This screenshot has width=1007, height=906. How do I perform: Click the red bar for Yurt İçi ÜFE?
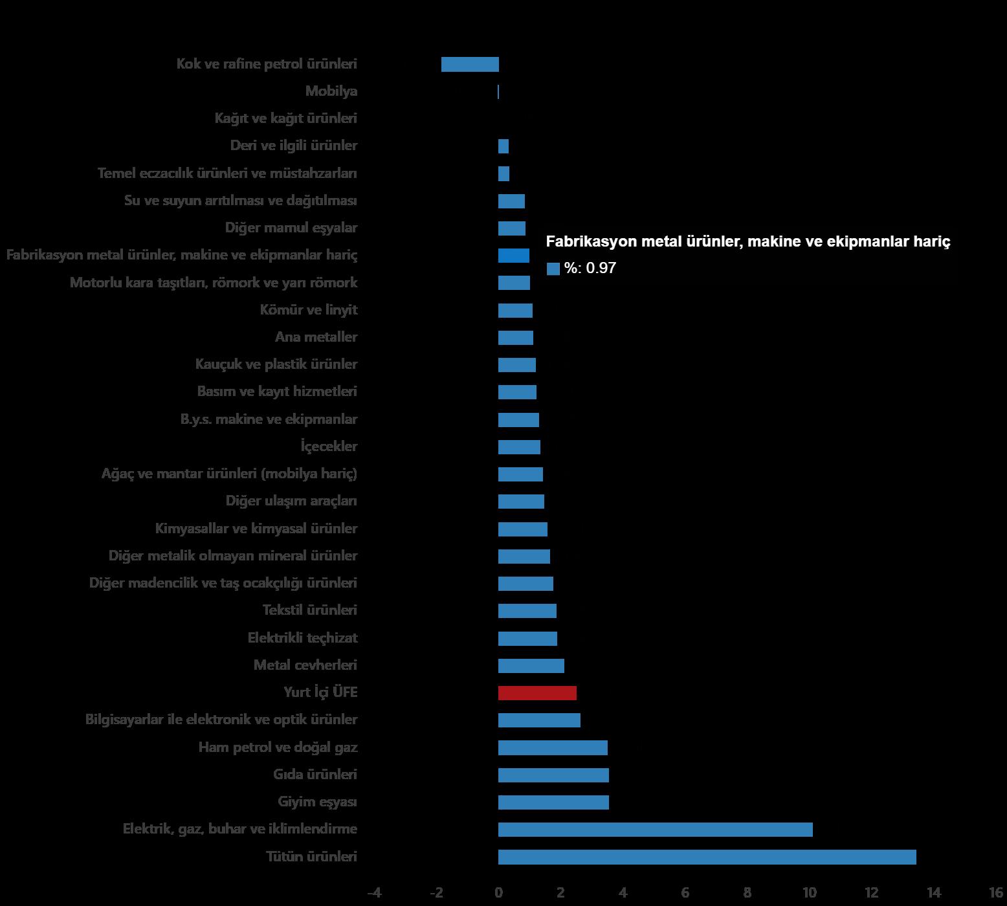537,693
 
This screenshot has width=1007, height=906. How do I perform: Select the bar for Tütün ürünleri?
707,857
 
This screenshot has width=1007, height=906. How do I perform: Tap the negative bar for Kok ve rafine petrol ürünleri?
470,64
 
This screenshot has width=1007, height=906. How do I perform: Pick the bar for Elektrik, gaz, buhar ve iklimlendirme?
655,830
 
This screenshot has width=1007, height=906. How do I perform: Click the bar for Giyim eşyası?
553,802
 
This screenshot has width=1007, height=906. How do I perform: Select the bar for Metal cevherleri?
531,666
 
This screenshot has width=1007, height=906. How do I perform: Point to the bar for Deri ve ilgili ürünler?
503,146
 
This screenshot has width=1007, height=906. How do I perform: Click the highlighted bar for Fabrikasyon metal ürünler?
514,256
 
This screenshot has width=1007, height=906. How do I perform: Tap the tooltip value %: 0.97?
590,268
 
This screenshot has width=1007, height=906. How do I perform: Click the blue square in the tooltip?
553,269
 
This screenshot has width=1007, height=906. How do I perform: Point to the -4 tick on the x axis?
374,893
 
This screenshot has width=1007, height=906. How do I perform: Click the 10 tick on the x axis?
809,893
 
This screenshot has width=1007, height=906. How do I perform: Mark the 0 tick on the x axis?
498,893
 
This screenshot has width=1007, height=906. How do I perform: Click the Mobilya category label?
331,91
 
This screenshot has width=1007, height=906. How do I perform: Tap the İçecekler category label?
329,447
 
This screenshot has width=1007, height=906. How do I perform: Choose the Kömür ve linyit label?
309,310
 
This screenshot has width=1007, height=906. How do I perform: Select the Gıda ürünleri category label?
315,775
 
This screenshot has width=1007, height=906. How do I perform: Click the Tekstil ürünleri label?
310,610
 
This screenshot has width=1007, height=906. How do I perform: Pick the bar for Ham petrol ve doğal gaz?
553,748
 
